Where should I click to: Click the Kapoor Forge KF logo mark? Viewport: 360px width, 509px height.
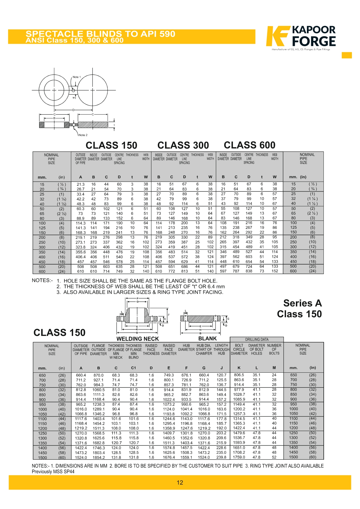(x=278, y=36)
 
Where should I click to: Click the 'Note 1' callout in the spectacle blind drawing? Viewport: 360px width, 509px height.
(x=77, y=77)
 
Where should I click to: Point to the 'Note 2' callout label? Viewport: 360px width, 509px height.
(x=83, y=135)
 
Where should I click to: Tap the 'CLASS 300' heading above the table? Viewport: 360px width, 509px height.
(x=183, y=145)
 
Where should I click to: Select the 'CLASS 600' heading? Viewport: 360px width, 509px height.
(x=249, y=145)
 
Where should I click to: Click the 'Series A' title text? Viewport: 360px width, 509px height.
(x=302, y=303)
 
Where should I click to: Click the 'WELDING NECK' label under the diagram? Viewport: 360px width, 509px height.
(x=138, y=339)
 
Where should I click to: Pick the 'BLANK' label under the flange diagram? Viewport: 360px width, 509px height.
(x=207, y=338)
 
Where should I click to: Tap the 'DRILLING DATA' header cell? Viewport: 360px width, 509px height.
(x=257, y=339)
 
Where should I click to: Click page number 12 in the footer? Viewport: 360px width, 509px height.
(x=180, y=482)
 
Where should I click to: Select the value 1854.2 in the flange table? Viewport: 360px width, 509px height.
(x=99, y=457)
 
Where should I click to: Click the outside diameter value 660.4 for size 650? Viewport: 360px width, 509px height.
(x=81, y=375)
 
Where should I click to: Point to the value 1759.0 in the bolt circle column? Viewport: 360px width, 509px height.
(x=239, y=457)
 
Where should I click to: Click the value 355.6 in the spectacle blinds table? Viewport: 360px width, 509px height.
(x=81, y=252)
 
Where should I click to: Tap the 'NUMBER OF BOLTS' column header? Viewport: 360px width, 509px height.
(x=274, y=349)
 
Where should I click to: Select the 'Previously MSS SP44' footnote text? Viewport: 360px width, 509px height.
(x=53, y=472)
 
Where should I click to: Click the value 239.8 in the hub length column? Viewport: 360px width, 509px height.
(x=221, y=457)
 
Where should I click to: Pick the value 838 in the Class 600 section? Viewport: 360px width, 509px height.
(x=249, y=271)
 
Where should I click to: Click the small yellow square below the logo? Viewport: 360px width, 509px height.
(x=347, y=55)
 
